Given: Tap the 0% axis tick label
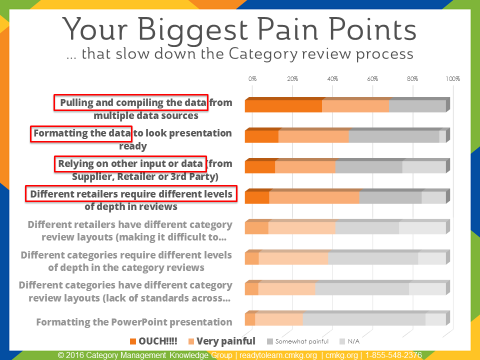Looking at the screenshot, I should (x=252, y=77).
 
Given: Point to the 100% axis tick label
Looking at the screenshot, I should (x=452, y=77).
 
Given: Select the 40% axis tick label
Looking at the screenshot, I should (x=333, y=77).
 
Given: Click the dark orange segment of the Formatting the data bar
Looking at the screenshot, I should (x=262, y=136).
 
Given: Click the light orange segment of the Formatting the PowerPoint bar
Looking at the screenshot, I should (x=280, y=319).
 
